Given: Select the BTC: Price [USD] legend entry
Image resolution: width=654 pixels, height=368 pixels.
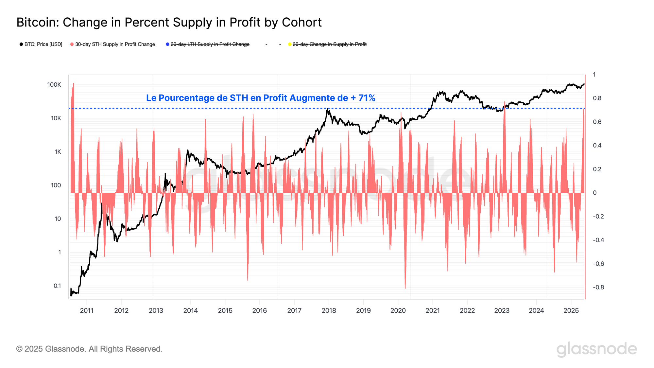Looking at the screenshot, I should (41, 44).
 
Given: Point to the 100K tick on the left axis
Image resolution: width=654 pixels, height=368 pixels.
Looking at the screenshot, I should (54, 85).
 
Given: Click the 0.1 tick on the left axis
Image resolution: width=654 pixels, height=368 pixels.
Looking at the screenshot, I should (57, 286).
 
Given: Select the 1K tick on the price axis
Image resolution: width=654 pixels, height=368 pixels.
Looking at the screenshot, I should (58, 152).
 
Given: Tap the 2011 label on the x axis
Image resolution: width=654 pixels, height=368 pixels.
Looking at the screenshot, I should (87, 310).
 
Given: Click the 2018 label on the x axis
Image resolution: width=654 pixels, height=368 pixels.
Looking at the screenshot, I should (329, 310).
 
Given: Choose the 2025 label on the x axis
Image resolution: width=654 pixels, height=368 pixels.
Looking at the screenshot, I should (571, 310).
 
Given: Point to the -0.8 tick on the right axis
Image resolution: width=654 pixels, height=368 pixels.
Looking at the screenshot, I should (598, 287).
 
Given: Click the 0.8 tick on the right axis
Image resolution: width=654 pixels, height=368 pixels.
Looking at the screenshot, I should (597, 98).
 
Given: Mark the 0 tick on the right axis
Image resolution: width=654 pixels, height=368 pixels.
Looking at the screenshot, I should (595, 193).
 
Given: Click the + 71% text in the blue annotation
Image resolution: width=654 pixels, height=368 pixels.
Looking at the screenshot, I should (363, 98).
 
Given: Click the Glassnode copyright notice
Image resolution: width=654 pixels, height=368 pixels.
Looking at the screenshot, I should (89, 349).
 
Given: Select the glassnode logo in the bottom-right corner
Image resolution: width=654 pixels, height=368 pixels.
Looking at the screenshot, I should (596, 349).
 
